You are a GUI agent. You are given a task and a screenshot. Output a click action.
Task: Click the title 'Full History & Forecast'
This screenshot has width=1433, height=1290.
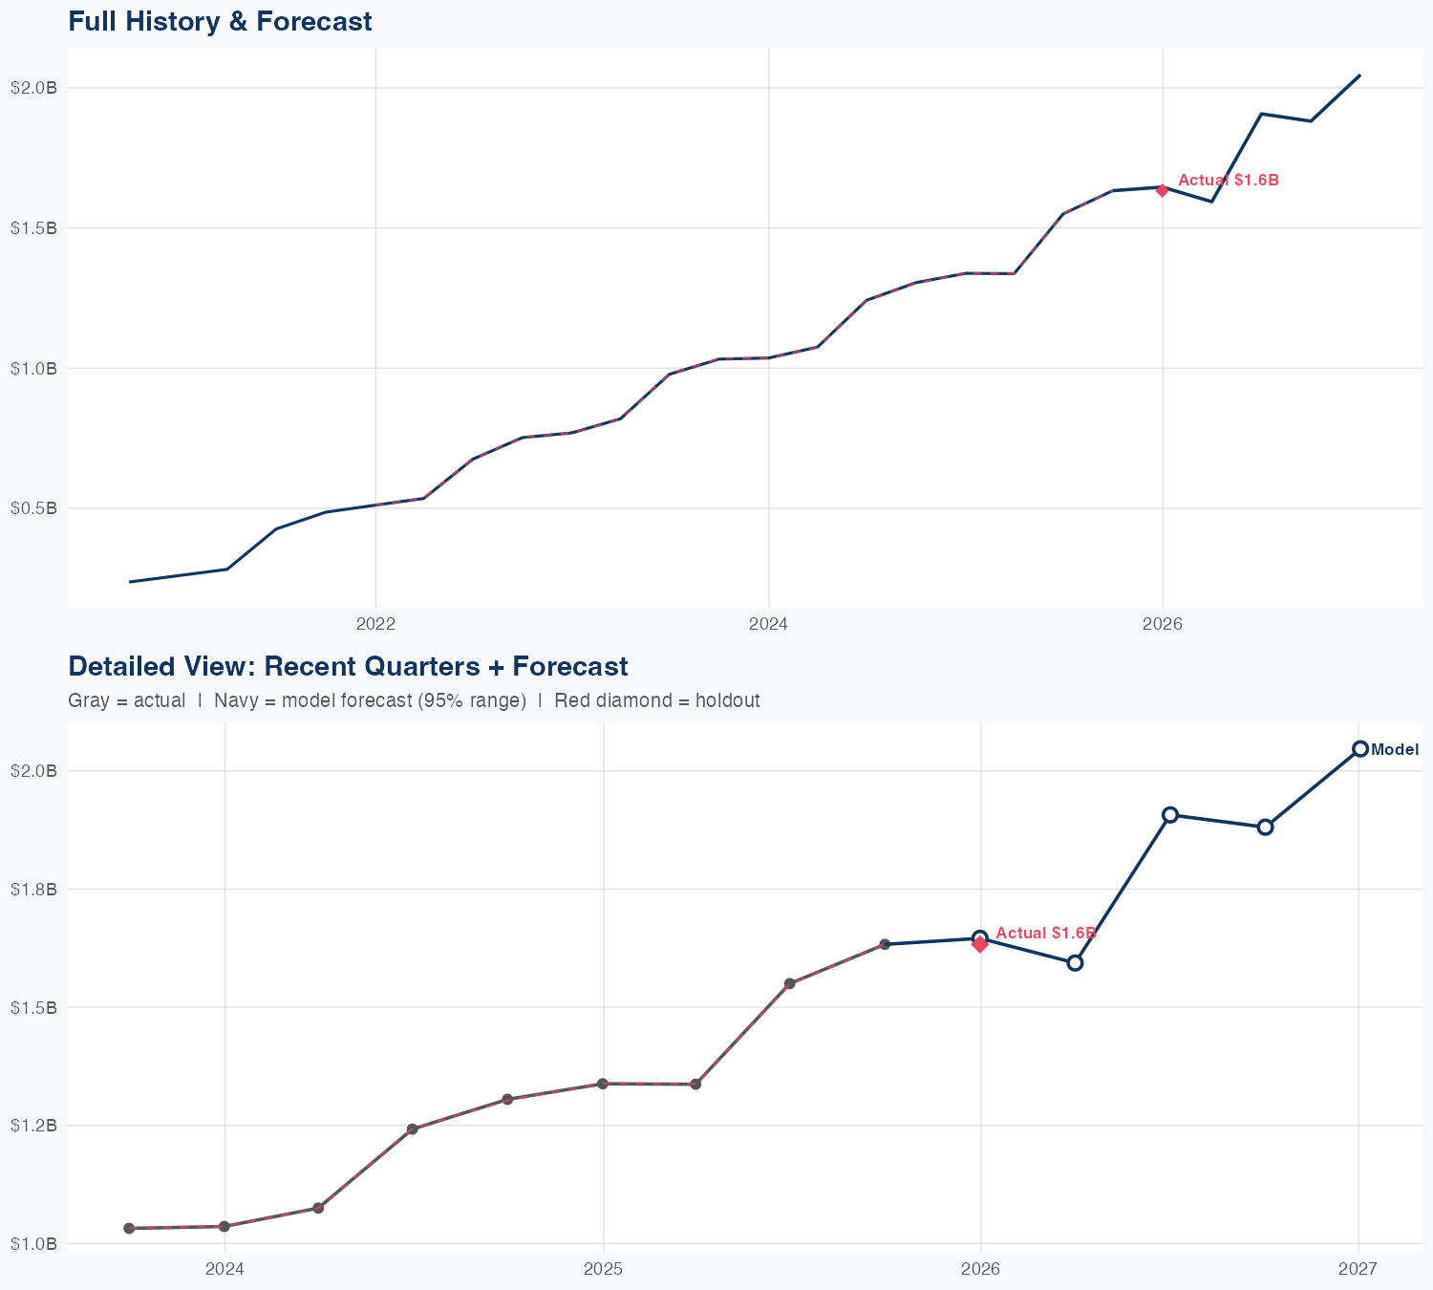pos(220,21)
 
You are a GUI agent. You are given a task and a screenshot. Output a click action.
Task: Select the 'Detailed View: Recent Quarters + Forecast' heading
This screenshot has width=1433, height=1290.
pos(348,666)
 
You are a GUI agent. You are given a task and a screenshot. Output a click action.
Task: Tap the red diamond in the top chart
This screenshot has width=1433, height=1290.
pos(1162,190)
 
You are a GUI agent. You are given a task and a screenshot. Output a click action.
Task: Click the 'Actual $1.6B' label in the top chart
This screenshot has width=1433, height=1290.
pos(1228,180)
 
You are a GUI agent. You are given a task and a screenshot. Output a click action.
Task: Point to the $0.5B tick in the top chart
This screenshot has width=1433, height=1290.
pos(33,508)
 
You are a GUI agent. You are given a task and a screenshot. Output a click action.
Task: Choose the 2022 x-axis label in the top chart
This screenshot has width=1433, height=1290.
pos(375,625)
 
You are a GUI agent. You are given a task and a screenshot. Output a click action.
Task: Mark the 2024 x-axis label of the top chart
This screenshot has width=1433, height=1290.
pos(769,625)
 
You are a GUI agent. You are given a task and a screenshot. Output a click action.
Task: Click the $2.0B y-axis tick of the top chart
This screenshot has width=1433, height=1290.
pos(33,88)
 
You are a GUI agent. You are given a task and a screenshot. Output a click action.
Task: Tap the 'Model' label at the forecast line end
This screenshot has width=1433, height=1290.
pos(1395,750)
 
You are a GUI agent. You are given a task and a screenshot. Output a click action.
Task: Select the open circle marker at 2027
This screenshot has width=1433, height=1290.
pos(1359,749)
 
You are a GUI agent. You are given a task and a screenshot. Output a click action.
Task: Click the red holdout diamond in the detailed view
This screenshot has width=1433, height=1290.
pos(980,945)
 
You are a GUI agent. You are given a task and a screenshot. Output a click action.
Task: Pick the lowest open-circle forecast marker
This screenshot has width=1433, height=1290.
pos(1075,962)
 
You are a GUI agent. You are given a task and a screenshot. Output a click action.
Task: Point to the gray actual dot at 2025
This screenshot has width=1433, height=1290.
pos(603,1084)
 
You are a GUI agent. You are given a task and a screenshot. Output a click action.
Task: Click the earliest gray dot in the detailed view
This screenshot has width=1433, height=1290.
pos(129,1228)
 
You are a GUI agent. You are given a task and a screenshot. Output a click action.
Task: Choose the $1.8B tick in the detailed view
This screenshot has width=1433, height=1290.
pos(33,890)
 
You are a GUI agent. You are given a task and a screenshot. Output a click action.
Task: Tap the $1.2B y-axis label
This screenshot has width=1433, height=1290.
pos(33,1126)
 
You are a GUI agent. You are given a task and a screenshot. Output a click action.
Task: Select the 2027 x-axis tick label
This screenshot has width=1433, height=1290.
pos(1358,1269)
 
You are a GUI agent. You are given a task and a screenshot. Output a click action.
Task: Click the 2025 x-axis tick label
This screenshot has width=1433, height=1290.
pos(603,1269)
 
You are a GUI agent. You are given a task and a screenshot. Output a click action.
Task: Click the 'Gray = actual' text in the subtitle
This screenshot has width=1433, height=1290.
pos(126,700)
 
